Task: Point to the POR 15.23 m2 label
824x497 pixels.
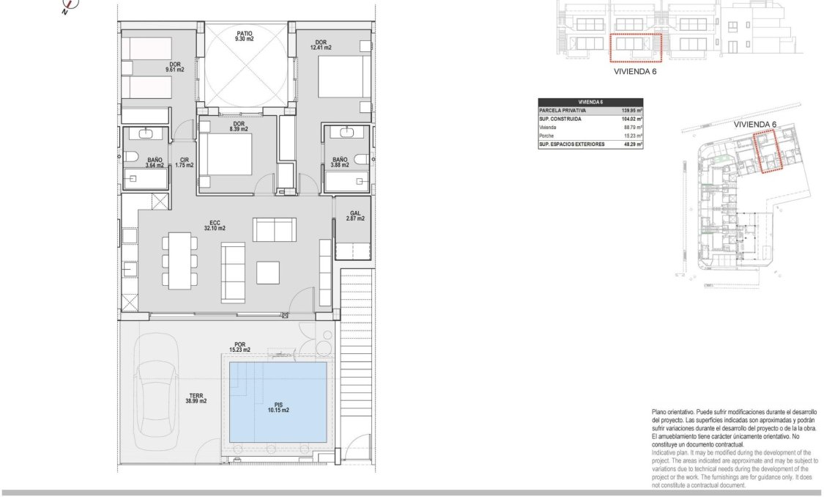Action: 240,347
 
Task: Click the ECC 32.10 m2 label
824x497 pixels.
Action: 214,225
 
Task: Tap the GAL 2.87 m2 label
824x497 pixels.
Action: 356,216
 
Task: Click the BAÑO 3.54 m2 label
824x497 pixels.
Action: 155,163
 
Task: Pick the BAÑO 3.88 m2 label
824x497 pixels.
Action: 340,163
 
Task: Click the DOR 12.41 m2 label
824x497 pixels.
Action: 321,45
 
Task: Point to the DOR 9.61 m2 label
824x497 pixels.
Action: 174,67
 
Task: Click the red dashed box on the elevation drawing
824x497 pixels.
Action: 635,47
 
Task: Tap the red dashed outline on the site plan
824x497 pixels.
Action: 769,151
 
